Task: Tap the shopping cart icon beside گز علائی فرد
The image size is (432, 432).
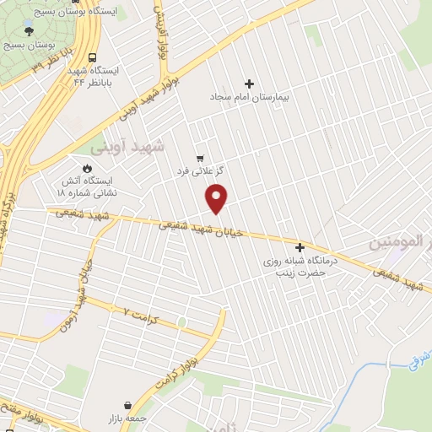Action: click(200, 158)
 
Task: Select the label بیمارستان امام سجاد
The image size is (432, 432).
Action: click(249, 97)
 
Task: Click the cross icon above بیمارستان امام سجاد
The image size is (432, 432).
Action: click(249, 84)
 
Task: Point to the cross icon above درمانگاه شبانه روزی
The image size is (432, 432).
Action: click(300, 247)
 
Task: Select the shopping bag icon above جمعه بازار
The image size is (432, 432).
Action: click(127, 406)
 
